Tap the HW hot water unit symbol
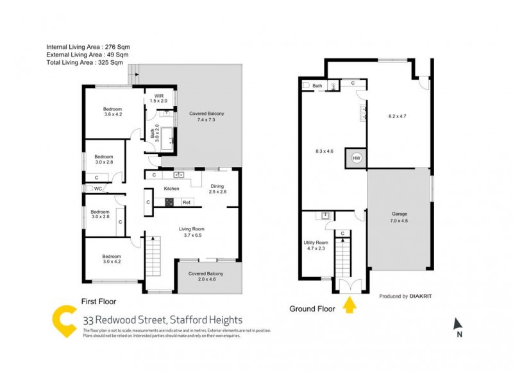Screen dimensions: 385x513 (x=356, y=158)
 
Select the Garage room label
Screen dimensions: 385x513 (x=399, y=217)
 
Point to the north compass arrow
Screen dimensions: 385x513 (x=457, y=325)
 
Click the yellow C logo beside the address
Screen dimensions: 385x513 (x=65, y=322)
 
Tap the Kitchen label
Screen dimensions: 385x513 (x=172, y=189)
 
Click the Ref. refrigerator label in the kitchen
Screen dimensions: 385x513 (x=187, y=203)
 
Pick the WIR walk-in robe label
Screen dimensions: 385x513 (x=158, y=98)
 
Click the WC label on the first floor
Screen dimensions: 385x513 (x=98, y=189)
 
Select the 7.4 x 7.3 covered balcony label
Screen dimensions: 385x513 (x=206, y=117)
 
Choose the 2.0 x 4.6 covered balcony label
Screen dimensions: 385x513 (x=206, y=276)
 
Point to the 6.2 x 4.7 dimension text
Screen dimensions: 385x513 (x=398, y=117)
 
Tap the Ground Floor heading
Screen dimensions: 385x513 (x=312, y=309)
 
